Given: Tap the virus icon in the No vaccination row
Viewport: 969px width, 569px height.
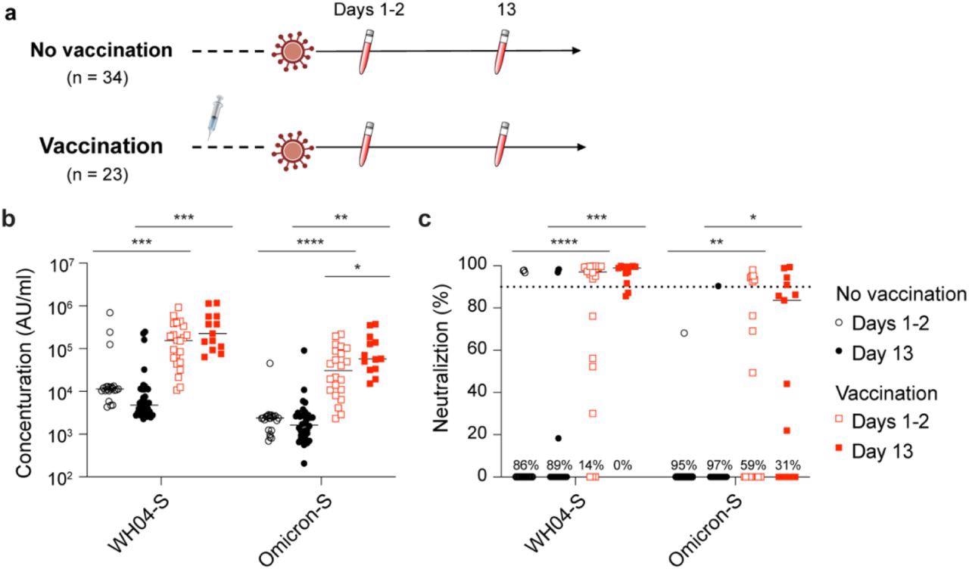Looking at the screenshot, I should pos(291,51).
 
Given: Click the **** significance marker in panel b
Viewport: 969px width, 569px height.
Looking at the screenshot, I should pos(307,243).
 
